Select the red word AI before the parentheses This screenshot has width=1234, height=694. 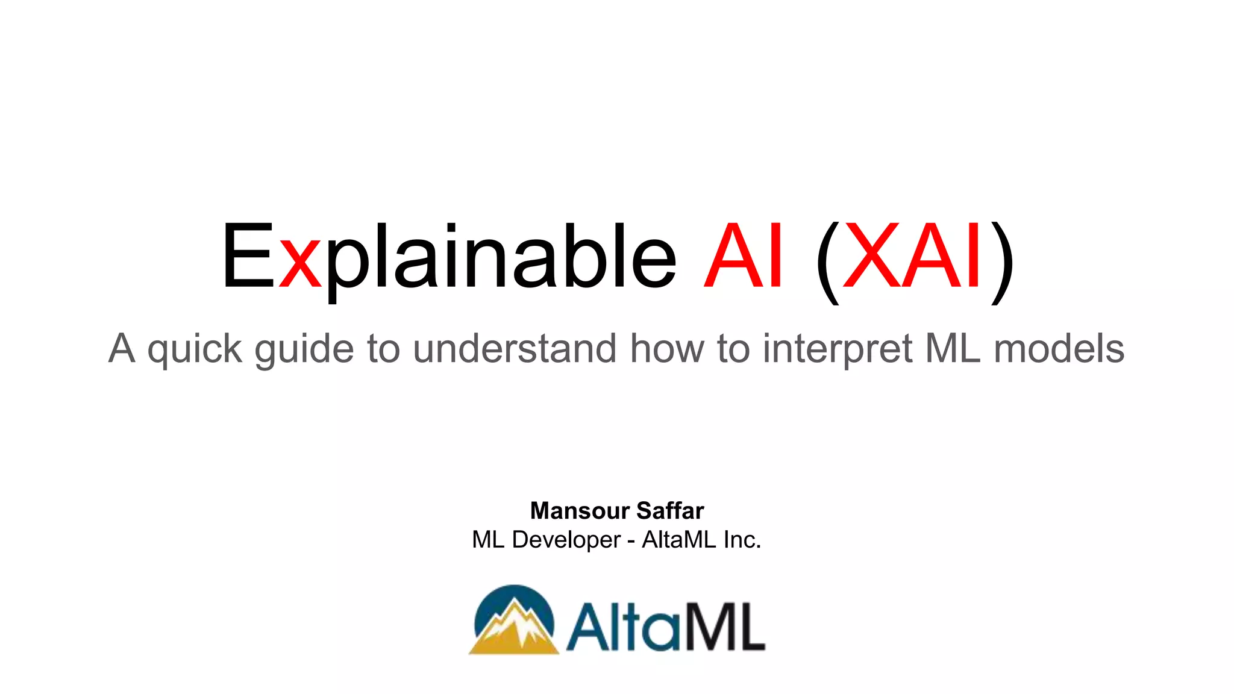tap(745, 257)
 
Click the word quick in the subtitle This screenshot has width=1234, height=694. tap(195, 349)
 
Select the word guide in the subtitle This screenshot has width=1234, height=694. tap(304, 349)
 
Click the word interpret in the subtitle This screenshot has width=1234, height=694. tap(838, 349)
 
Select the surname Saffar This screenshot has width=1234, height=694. tap(670, 511)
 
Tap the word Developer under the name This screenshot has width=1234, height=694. tap(566, 540)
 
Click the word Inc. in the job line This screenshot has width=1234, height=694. tap(742, 540)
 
